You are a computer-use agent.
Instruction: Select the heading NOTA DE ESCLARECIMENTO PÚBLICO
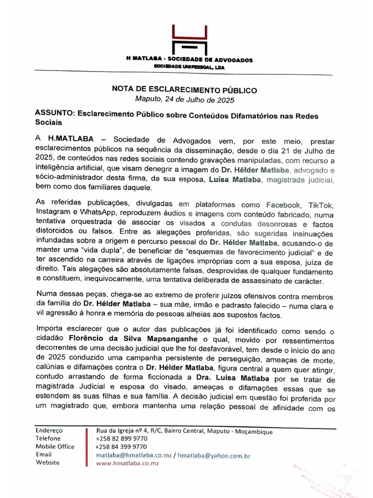point(185,90)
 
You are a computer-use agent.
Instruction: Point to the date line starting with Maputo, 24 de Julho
point(185,100)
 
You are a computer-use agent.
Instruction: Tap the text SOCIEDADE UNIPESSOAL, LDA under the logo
point(189,67)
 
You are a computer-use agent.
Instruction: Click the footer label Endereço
point(50,431)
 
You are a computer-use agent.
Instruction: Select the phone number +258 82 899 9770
point(121,439)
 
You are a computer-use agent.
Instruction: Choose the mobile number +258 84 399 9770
point(121,446)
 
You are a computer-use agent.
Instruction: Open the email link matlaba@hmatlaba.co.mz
point(134,455)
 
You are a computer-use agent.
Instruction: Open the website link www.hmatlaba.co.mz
point(127,463)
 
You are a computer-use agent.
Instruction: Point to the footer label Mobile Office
point(55,446)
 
